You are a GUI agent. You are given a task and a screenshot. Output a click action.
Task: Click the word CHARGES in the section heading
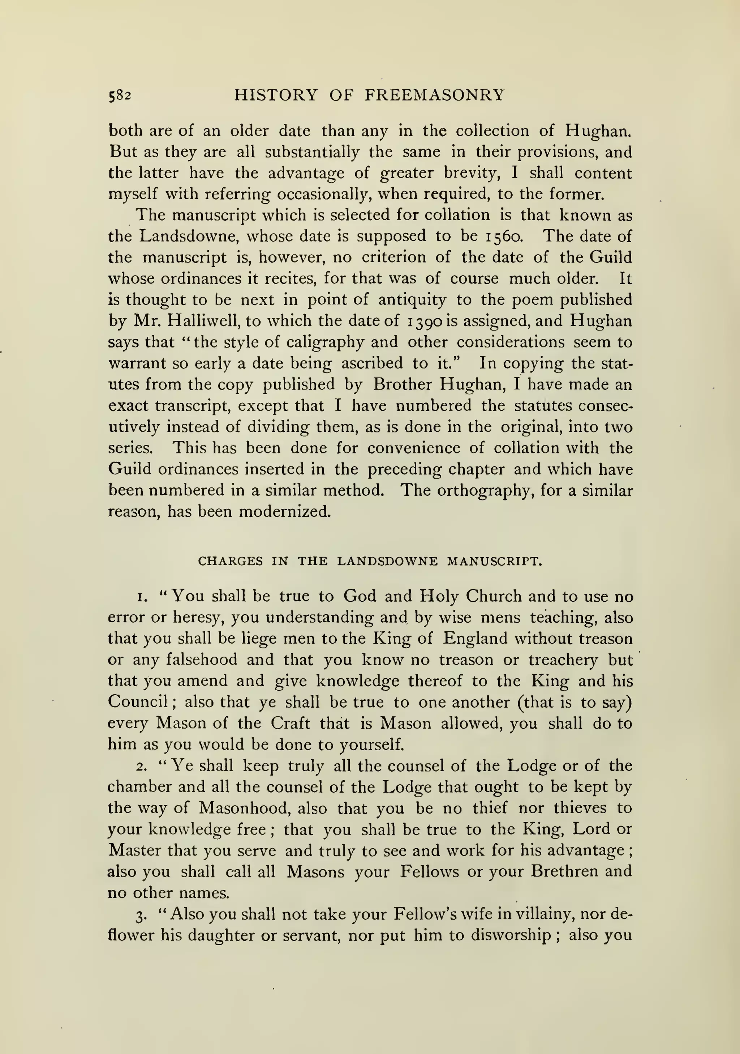230,562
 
